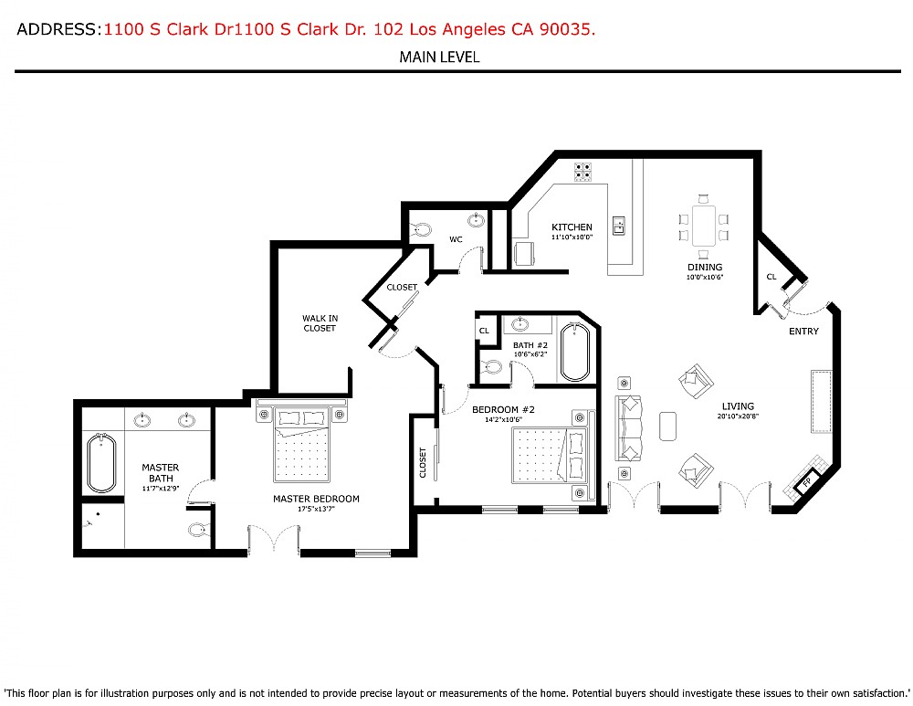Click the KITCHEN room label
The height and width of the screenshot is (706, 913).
572,227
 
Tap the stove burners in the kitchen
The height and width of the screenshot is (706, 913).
582,172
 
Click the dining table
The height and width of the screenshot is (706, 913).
703,226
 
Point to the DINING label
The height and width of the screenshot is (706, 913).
704,268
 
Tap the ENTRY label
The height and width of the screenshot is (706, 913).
803,332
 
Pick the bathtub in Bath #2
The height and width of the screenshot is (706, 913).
575,352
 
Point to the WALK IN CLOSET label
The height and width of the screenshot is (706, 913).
320,323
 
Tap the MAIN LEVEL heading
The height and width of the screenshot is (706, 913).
439,58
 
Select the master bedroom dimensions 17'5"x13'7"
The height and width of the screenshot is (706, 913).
316,510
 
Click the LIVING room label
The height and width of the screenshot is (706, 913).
738,407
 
